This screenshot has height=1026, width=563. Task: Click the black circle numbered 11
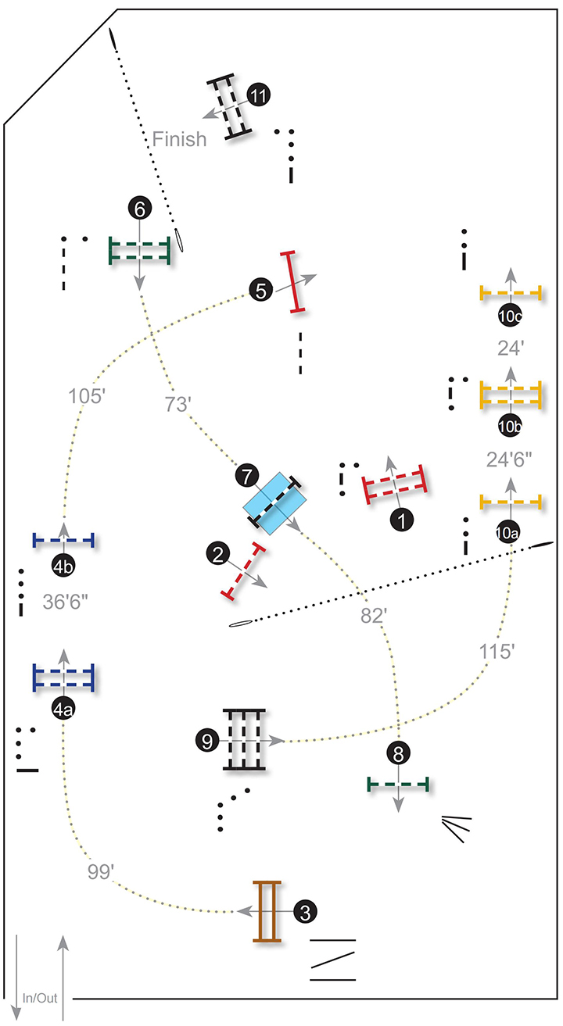[258, 95]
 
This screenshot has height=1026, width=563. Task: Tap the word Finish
[179, 140]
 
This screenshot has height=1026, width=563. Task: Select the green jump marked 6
[140, 251]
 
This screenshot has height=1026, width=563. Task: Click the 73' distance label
[179, 403]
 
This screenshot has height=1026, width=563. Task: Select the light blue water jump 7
[274, 502]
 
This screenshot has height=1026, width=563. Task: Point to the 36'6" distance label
[66, 602]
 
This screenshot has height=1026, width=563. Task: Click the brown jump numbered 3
[267, 911]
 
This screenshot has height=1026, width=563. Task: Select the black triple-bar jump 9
[244, 739]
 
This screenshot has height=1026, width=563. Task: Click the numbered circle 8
[397, 753]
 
